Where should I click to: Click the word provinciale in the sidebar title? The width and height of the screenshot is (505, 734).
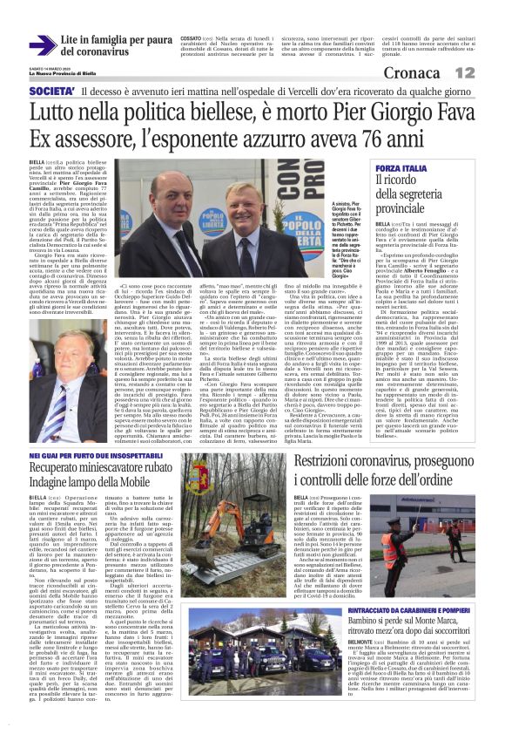click(410, 209)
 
